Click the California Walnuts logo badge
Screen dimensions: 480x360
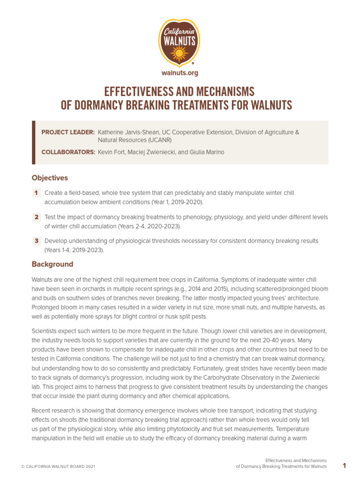[180, 43]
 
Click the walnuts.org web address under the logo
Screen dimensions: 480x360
[180, 73]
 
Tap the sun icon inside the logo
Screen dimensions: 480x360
[180, 55]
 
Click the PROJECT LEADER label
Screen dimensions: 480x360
[68, 132]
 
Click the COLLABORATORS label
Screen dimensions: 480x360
[68, 152]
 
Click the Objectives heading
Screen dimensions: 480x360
[50, 178]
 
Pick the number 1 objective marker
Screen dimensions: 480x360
[36, 193]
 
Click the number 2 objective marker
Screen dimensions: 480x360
[36, 217]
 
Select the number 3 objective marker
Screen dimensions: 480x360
[36, 241]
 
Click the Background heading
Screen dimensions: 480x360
[52, 264]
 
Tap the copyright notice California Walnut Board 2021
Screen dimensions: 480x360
[58, 466]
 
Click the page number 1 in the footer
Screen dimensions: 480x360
[344, 465]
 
